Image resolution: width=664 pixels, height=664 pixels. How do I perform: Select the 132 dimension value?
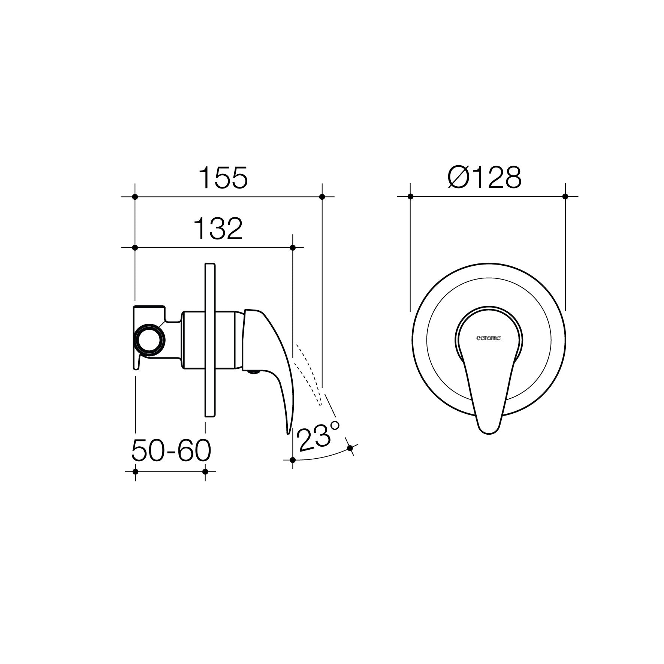pyautogui.click(x=218, y=229)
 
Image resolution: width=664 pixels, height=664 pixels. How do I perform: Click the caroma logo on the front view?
pyautogui.click(x=489, y=338)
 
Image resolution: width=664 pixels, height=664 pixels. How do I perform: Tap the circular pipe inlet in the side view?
pyautogui.click(x=150, y=338)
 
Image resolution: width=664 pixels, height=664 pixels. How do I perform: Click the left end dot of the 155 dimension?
pyautogui.click(x=135, y=196)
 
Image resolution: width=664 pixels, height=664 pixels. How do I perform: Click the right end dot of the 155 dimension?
pyautogui.click(x=322, y=196)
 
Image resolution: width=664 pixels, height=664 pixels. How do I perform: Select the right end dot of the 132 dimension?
pyautogui.click(x=293, y=248)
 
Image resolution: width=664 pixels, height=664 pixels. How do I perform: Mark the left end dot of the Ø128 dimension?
pyautogui.click(x=410, y=196)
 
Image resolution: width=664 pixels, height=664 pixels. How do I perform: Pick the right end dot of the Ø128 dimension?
pyautogui.click(x=565, y=196)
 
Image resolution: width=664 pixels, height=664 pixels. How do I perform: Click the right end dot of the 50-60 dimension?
pyautogui.click(x=205, y=471)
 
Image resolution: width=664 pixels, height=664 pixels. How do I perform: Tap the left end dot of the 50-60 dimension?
pyautogui.click(x=135, y=471)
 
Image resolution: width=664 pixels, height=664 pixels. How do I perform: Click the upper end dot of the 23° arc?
pyautogui.click(x=350, y=448)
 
